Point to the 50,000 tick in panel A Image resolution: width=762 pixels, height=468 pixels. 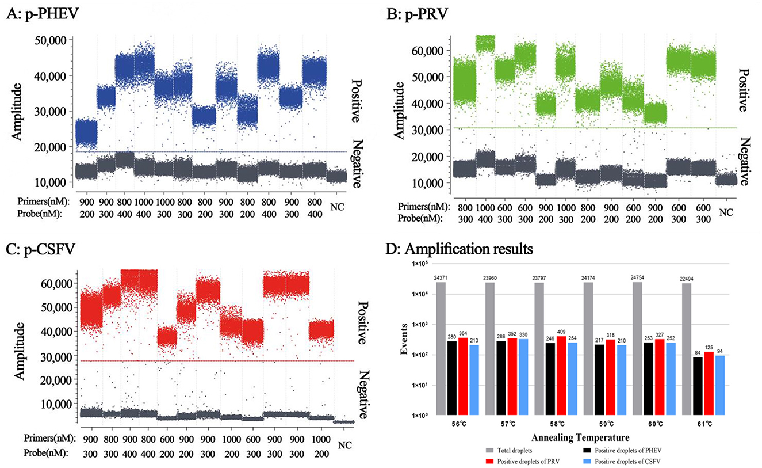click(x=50, y=40)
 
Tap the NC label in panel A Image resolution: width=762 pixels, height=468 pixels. click(x=338, y=204)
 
